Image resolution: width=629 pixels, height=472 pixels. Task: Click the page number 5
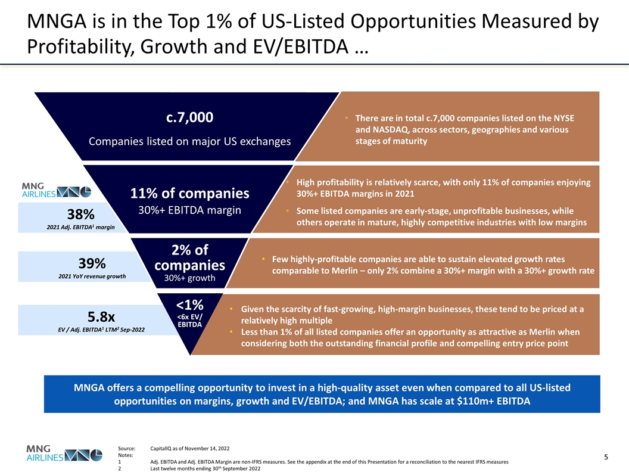coord(606,457)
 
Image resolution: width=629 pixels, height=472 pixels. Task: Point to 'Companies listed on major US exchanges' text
coord(189,141)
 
